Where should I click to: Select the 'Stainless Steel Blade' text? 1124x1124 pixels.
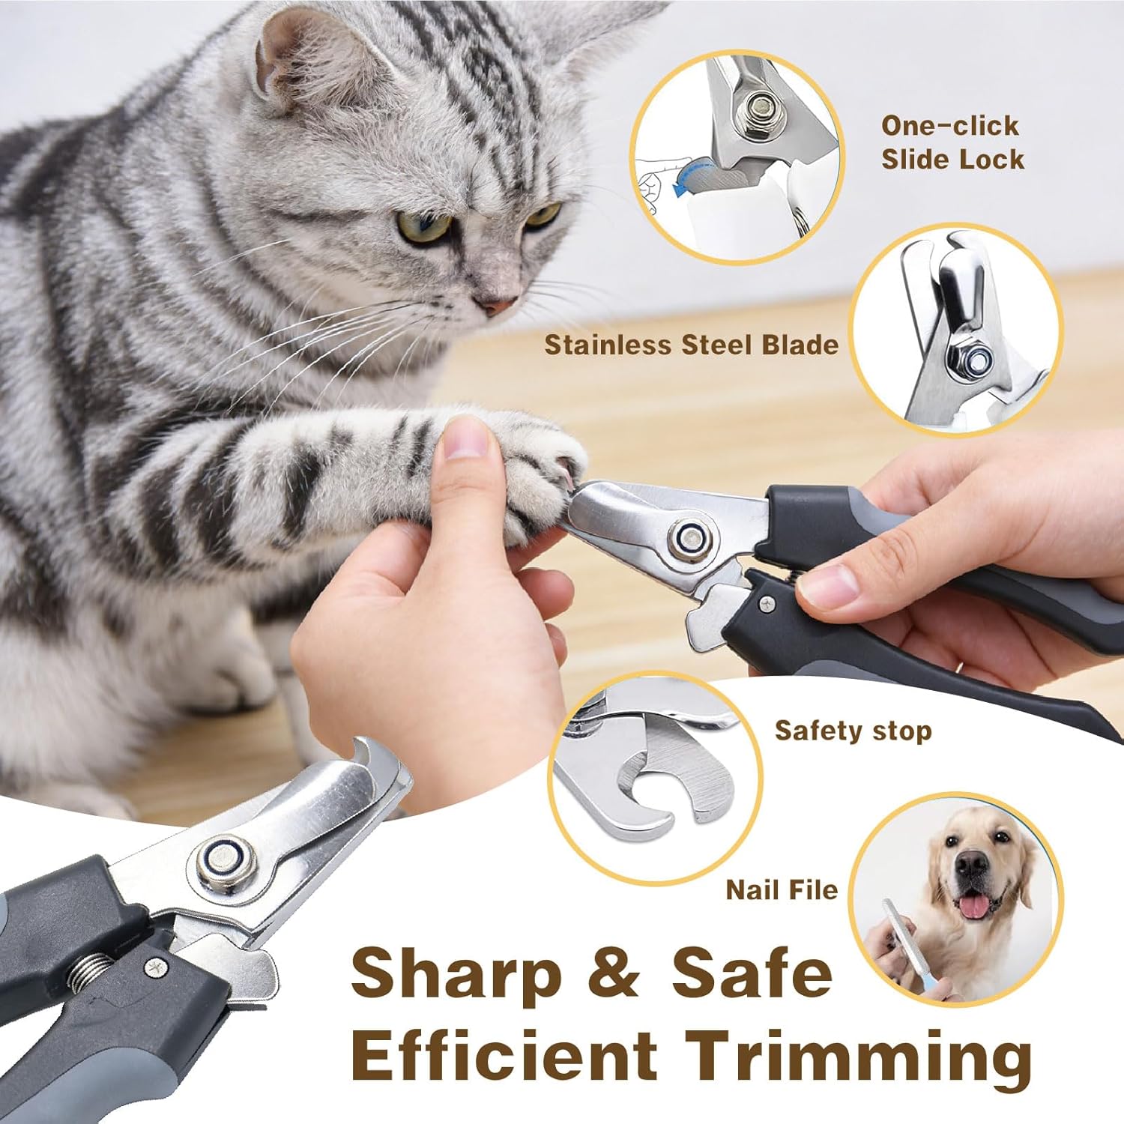(691, 345)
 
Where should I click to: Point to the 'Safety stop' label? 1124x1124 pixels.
(853, 731)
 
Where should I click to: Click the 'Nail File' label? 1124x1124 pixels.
(782, 890)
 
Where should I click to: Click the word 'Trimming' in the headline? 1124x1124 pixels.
(859, 1054)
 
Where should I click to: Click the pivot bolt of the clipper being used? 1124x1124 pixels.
(689, 538)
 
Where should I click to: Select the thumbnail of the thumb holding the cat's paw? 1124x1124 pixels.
(465, 437)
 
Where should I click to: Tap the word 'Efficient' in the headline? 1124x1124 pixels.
(503, 1054)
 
